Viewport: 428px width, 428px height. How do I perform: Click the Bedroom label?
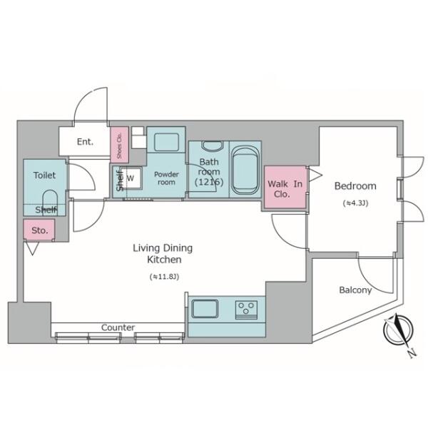point(355,186)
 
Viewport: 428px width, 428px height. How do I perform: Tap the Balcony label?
point(355,290)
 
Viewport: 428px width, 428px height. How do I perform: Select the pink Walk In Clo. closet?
point(285,187)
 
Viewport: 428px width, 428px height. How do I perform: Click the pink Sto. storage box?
point(39,230)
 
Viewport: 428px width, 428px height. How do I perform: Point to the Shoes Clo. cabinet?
point(119,145)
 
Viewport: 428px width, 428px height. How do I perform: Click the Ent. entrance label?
point(85,142)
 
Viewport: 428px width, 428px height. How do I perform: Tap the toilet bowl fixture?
point(50,203)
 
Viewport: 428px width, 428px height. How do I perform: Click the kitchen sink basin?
point(205,309)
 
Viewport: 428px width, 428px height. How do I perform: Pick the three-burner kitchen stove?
point(247,310)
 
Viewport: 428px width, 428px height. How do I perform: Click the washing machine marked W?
point(131,178)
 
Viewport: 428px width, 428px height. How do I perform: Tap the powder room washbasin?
point(166,142)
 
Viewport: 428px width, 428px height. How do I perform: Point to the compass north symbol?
point(399,331)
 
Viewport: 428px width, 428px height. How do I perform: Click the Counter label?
point(118,327)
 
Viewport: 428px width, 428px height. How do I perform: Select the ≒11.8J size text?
point(164,277)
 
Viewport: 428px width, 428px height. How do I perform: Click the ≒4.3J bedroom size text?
point(355,203)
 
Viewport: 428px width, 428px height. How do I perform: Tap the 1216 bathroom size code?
point(209,182)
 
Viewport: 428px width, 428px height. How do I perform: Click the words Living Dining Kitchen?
point(163,253)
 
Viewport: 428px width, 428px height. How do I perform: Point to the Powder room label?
point(166,178)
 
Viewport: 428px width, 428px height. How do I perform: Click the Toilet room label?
point(44,175)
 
